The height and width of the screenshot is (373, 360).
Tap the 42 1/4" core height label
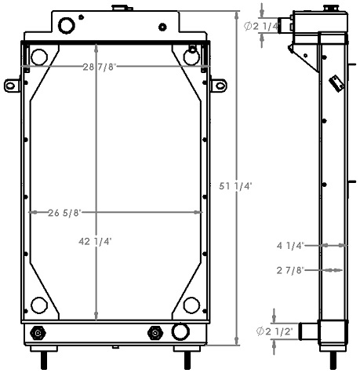tap(95, 242)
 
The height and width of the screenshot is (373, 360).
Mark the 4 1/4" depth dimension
tap(290, 245)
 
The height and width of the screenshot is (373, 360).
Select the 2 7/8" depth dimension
tap(290, 270)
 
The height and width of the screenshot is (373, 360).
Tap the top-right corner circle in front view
tap(191, 57)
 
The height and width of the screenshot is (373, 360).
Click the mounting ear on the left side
tap(11, 84)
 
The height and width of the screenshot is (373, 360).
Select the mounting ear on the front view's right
tap(218, 84)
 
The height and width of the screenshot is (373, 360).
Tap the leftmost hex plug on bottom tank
tap(37, 335)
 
